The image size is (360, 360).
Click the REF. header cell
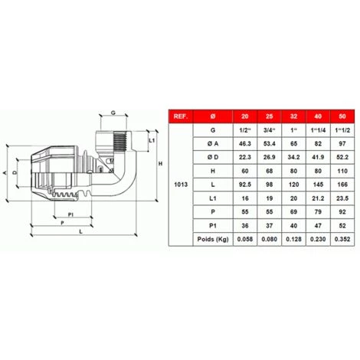181,116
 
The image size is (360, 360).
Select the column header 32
293,116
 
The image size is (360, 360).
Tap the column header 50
342,116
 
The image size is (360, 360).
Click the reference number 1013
181,185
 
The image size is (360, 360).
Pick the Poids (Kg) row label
213,239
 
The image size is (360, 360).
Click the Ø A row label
213,144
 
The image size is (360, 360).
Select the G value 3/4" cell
270,130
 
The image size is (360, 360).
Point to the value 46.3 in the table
245,144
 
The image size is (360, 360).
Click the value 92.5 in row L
245,185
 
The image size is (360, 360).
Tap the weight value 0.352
342,239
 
